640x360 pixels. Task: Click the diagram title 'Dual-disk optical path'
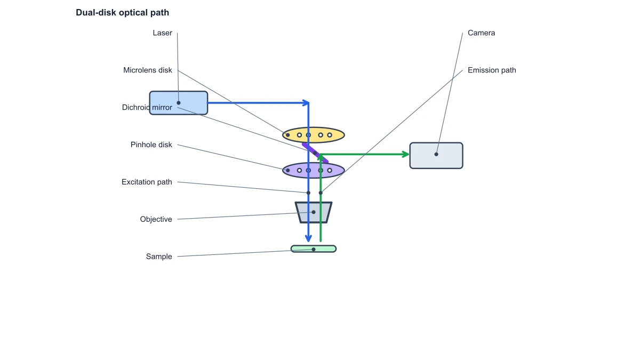click(122, 13)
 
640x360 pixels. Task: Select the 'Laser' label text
click(162, 33)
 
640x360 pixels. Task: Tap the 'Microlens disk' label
click(147, 70)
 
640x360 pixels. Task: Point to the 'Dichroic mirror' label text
click(147, 107)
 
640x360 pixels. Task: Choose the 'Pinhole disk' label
click(151, 145)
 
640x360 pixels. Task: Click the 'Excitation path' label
click(147, 182)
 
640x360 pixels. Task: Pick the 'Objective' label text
click(156, 219)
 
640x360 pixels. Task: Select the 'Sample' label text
click(159, 257)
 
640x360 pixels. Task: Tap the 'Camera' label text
click(481, 33)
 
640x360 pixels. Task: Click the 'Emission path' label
click(492, 70)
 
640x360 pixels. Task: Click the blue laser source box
click(179, 103)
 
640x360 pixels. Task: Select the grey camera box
click(436, 156)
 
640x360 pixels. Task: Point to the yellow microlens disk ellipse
click(314, 135)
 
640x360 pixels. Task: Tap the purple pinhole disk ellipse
click(314, 170)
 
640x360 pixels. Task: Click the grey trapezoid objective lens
click(314, 212)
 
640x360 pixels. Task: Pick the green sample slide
click(314, 249)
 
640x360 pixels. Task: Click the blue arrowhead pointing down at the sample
click(308, 238)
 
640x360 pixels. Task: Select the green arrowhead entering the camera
click(406, 154)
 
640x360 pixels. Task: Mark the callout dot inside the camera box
click(436, 154)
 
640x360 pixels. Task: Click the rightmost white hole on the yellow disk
click(330, 135)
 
